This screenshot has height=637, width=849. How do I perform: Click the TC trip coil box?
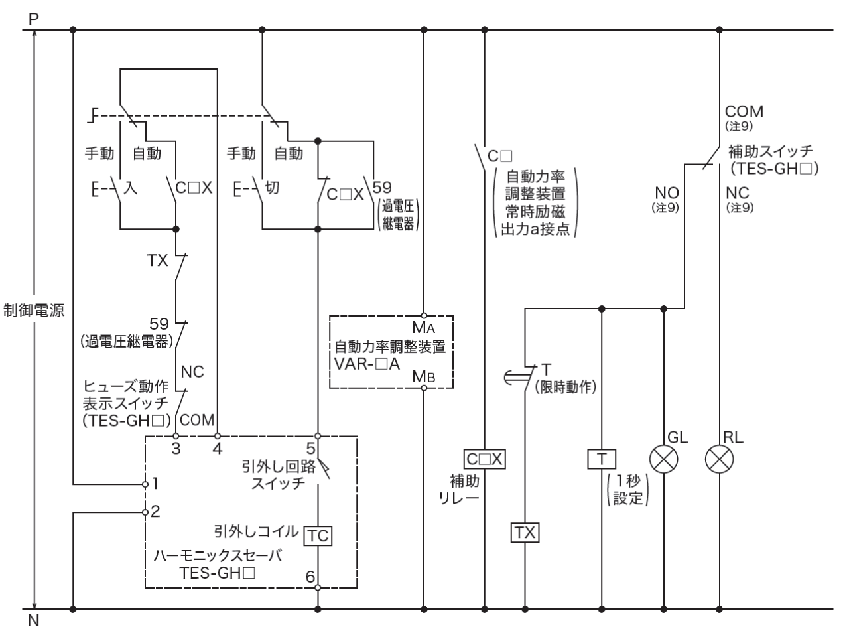318,535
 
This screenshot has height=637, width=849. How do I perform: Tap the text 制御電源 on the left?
34,311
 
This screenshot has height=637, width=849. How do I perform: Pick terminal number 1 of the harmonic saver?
155,484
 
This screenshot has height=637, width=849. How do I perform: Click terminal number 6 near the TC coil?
310,577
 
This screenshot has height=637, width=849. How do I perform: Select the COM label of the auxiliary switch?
744,111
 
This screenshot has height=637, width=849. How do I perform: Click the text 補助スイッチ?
770,151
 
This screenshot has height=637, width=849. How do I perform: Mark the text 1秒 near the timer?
627,482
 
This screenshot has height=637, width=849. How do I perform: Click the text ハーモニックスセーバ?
217,556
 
